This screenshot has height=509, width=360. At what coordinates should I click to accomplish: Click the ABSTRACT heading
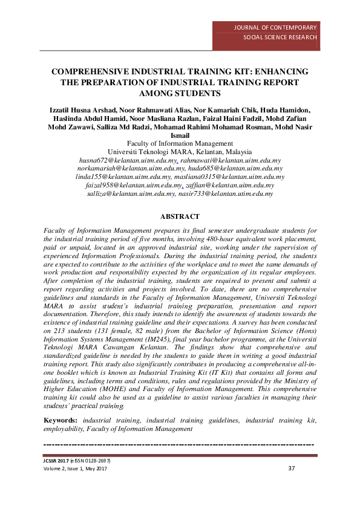click(x=180, y=216)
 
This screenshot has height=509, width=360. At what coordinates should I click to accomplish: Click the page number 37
click(x=291, y=468)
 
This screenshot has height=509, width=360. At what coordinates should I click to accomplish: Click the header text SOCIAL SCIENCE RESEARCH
click(x=280, y=37)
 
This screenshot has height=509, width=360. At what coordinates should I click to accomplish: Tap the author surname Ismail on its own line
click(x=180, y=135)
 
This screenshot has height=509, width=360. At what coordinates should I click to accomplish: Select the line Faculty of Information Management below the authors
click(x=180, y=143)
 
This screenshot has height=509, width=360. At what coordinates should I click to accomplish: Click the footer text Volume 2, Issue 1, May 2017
click(x=76, y=469)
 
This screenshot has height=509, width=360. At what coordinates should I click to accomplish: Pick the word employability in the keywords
click(x=64, y=429)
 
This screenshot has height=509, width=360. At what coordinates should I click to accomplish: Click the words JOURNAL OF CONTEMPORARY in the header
click(x=280, y=28)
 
